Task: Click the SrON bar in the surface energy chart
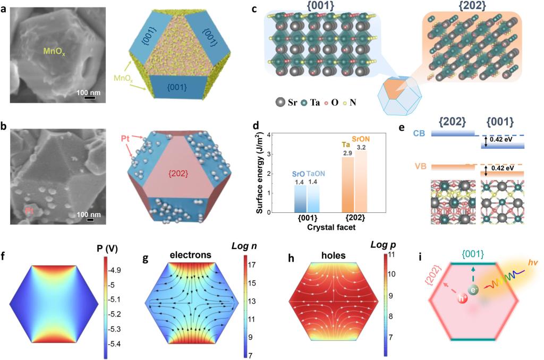tap(361, 181)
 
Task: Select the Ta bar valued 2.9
tap(348, 184)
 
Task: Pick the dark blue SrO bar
tap(301, 199)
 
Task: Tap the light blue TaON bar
tap(313, 199)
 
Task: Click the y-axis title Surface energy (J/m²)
tap(259, 173)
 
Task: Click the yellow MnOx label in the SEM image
tap(54, 52)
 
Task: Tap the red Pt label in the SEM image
tap(29, 210)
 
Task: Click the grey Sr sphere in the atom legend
tap(280, 102)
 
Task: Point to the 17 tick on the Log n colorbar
tap(252, 265)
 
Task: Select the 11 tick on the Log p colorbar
tap(392, 254)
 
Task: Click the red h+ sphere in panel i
tap(463, 298)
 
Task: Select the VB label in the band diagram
tap(420, 167)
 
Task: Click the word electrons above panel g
tap(191, 255)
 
